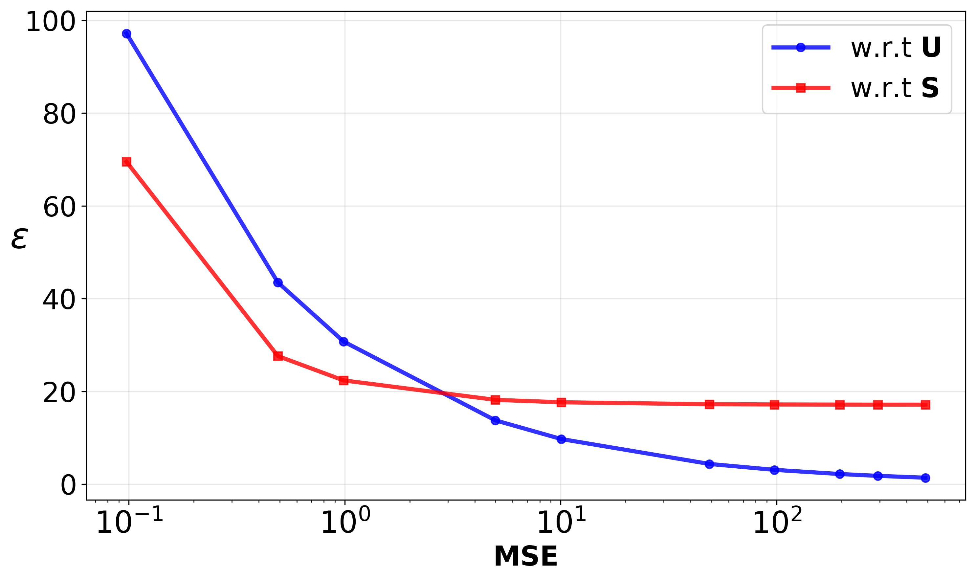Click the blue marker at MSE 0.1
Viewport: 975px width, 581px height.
[x=126, y=34]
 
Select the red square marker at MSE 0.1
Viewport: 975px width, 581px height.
[x=126, y=162]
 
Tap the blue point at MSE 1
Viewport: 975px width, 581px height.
[x=343, y=342]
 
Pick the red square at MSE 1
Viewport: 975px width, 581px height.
[x=343, y=380]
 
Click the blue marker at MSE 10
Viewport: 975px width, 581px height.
[x=561, y=439]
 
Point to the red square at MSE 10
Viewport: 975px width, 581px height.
[x=561, y=402]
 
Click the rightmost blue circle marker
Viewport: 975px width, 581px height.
[x=925, y=478]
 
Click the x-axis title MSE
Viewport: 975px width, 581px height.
[x=526, y=556]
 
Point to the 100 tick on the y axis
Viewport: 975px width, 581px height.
[x=50, y=22]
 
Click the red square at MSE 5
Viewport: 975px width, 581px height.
[x=495, y=400]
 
